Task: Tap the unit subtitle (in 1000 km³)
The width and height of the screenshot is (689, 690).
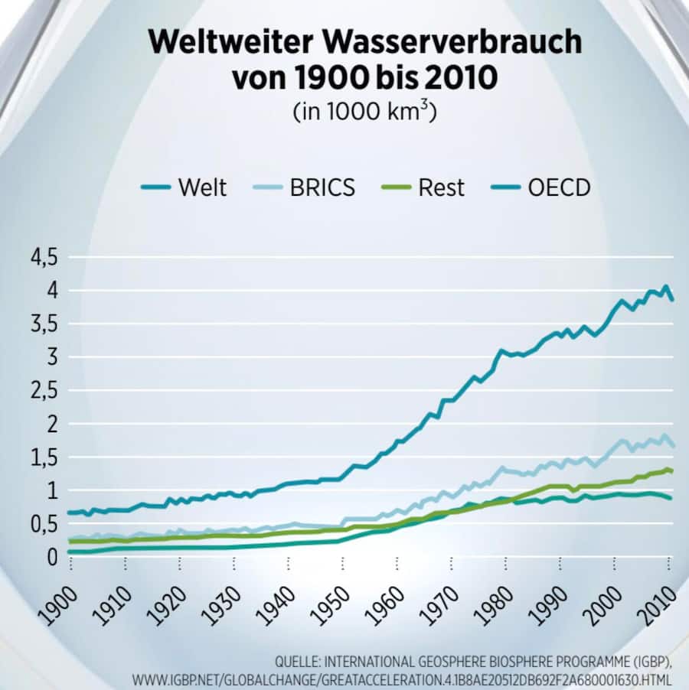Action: coord(364,110)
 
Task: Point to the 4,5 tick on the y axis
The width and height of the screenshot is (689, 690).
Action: coord(44,257)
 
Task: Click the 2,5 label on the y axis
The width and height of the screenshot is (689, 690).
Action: coord(44,390)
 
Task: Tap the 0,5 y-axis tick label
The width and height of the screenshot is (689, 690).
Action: coord(44,524)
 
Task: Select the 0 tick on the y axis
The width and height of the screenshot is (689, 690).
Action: coord(52,557)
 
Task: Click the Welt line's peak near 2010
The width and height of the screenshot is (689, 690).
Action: coord(665,288)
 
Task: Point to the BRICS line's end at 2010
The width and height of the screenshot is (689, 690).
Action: coord(672,445)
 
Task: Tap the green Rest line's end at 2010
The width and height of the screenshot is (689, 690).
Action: coord(672,471)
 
